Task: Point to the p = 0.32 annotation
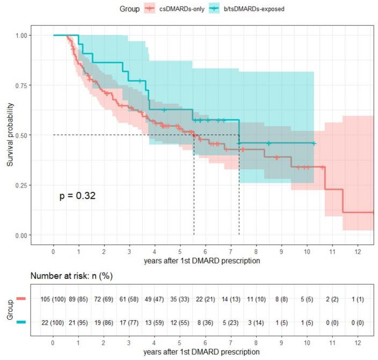pos(77,197)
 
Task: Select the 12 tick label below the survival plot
pos(358,250)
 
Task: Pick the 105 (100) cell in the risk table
pos(53,299)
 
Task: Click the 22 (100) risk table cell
pos(53,321)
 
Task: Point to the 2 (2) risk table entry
pos(333,299)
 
